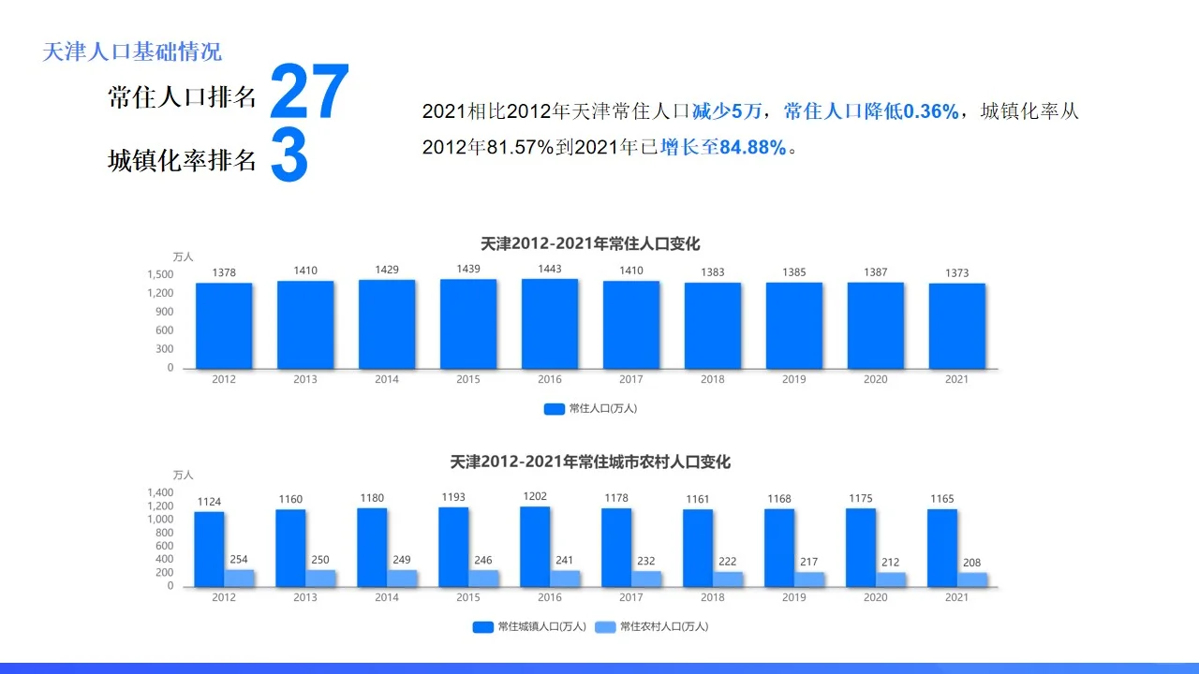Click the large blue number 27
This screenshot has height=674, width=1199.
309,94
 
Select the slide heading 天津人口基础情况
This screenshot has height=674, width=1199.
132,51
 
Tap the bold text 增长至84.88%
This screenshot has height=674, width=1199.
723,147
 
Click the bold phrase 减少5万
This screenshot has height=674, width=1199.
727,112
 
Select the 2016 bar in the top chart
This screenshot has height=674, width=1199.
550,324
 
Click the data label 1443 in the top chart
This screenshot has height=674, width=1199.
550,269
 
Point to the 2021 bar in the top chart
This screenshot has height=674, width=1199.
956,326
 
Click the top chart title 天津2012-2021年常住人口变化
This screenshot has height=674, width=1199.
590,243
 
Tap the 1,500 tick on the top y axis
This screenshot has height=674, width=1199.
160,274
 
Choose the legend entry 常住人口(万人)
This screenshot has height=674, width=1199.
591,408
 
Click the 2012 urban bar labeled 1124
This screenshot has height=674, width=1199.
209,549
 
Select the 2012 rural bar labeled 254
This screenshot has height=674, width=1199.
239,578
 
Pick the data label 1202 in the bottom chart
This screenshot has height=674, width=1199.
535,496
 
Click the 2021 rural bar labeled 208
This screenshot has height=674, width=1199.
972,579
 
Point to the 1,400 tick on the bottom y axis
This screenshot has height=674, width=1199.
160,492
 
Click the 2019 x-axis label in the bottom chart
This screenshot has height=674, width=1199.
793,597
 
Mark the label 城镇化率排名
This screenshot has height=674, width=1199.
182,161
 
